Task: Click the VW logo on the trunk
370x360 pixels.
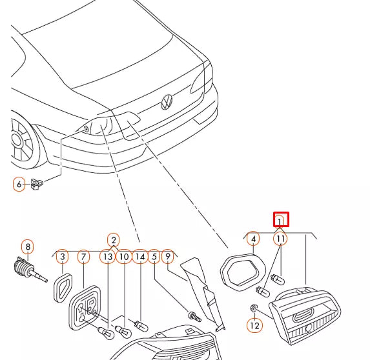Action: coord(167,102)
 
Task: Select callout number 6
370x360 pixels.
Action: coord(19,184)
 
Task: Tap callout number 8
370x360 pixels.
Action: coord(28,247)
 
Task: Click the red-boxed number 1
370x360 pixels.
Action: coord(281,220)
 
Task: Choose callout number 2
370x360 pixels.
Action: coord(114,240)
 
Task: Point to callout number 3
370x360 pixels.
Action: coord(63,257)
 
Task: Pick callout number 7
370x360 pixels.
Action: coord(83,257)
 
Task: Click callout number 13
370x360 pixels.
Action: coord(108,257)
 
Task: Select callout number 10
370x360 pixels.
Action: coord(124,257)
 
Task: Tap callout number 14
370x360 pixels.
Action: coord(140,257)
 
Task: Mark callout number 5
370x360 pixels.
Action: coord(154,257)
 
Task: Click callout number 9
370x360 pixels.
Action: coord(168,256)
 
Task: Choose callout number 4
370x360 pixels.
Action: coord(253,239)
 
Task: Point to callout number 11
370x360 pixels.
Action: coord(280,239)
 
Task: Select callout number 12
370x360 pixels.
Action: coord(254,326)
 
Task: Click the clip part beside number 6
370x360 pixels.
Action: coord(37,184)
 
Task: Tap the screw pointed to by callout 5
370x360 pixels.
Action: coord(194,316)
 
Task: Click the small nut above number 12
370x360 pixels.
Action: coord(253,308)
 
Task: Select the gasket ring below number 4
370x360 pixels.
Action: coord(243,272)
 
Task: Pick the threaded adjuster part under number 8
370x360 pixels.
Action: coord(30,270)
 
